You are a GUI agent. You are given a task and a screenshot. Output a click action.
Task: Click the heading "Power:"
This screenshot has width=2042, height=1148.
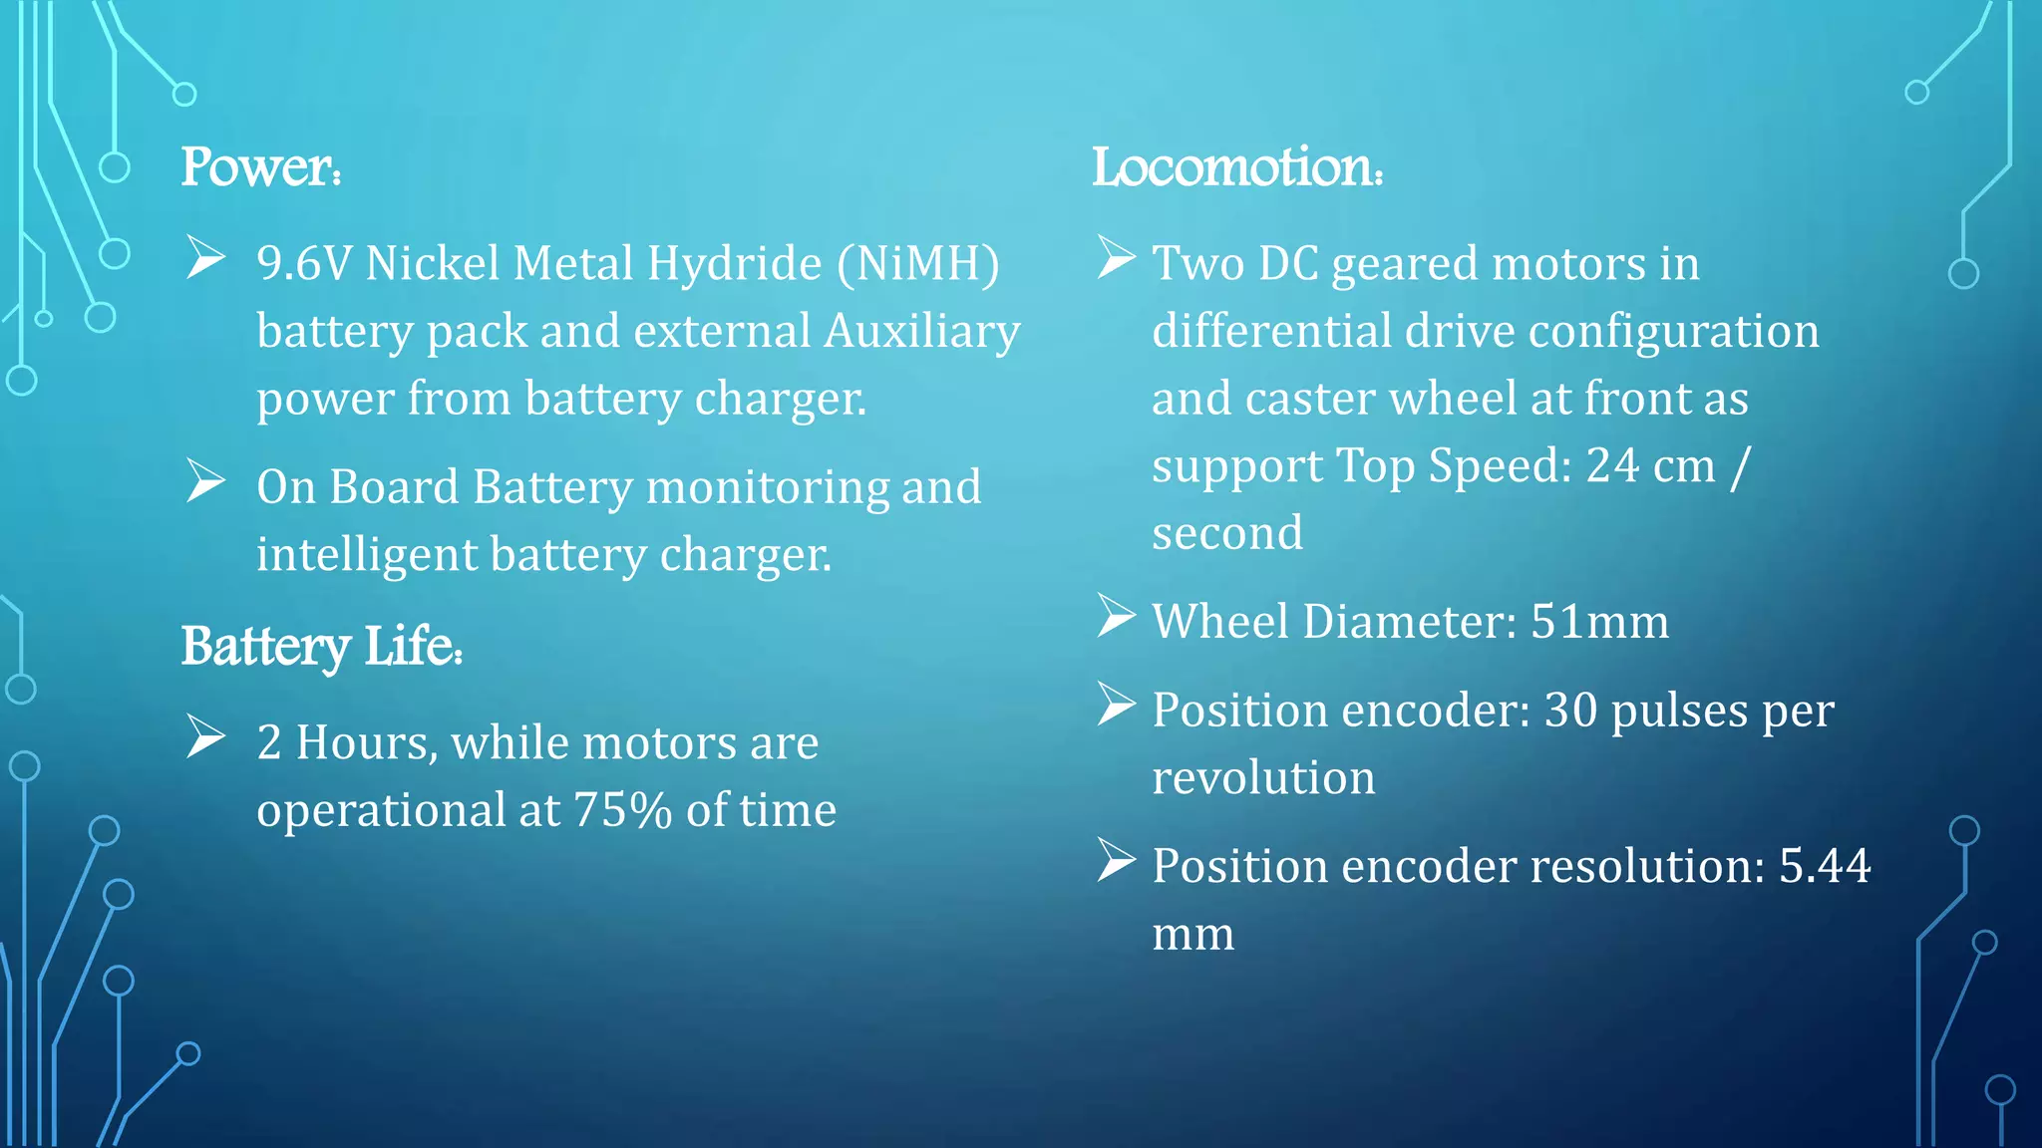[261, 166]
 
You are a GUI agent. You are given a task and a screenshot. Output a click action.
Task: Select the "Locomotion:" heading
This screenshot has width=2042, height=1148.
[1237, 166]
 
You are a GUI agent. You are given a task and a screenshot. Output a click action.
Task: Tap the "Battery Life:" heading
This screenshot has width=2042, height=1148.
[321, 647]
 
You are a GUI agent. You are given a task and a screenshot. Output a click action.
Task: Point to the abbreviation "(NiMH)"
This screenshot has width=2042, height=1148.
[917, 264]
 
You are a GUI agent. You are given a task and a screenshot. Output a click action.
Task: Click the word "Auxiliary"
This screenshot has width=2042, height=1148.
[922, 331]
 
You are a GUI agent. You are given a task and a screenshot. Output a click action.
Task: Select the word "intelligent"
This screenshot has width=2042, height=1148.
[366, 555]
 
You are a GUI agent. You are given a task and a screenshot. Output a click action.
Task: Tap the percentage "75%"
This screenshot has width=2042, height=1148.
[623, 810]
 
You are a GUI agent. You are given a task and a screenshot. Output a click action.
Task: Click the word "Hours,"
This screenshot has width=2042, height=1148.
[366, 743]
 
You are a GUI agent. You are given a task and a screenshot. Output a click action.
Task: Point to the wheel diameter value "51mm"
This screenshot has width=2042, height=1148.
[1599, 622]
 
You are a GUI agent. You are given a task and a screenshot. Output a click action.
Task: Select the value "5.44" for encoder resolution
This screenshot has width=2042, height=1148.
[1825, 866]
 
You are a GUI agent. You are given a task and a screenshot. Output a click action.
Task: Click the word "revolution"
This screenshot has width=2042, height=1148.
[1263, 778]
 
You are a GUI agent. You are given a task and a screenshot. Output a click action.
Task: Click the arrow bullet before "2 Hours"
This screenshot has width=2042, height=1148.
[206, 737]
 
